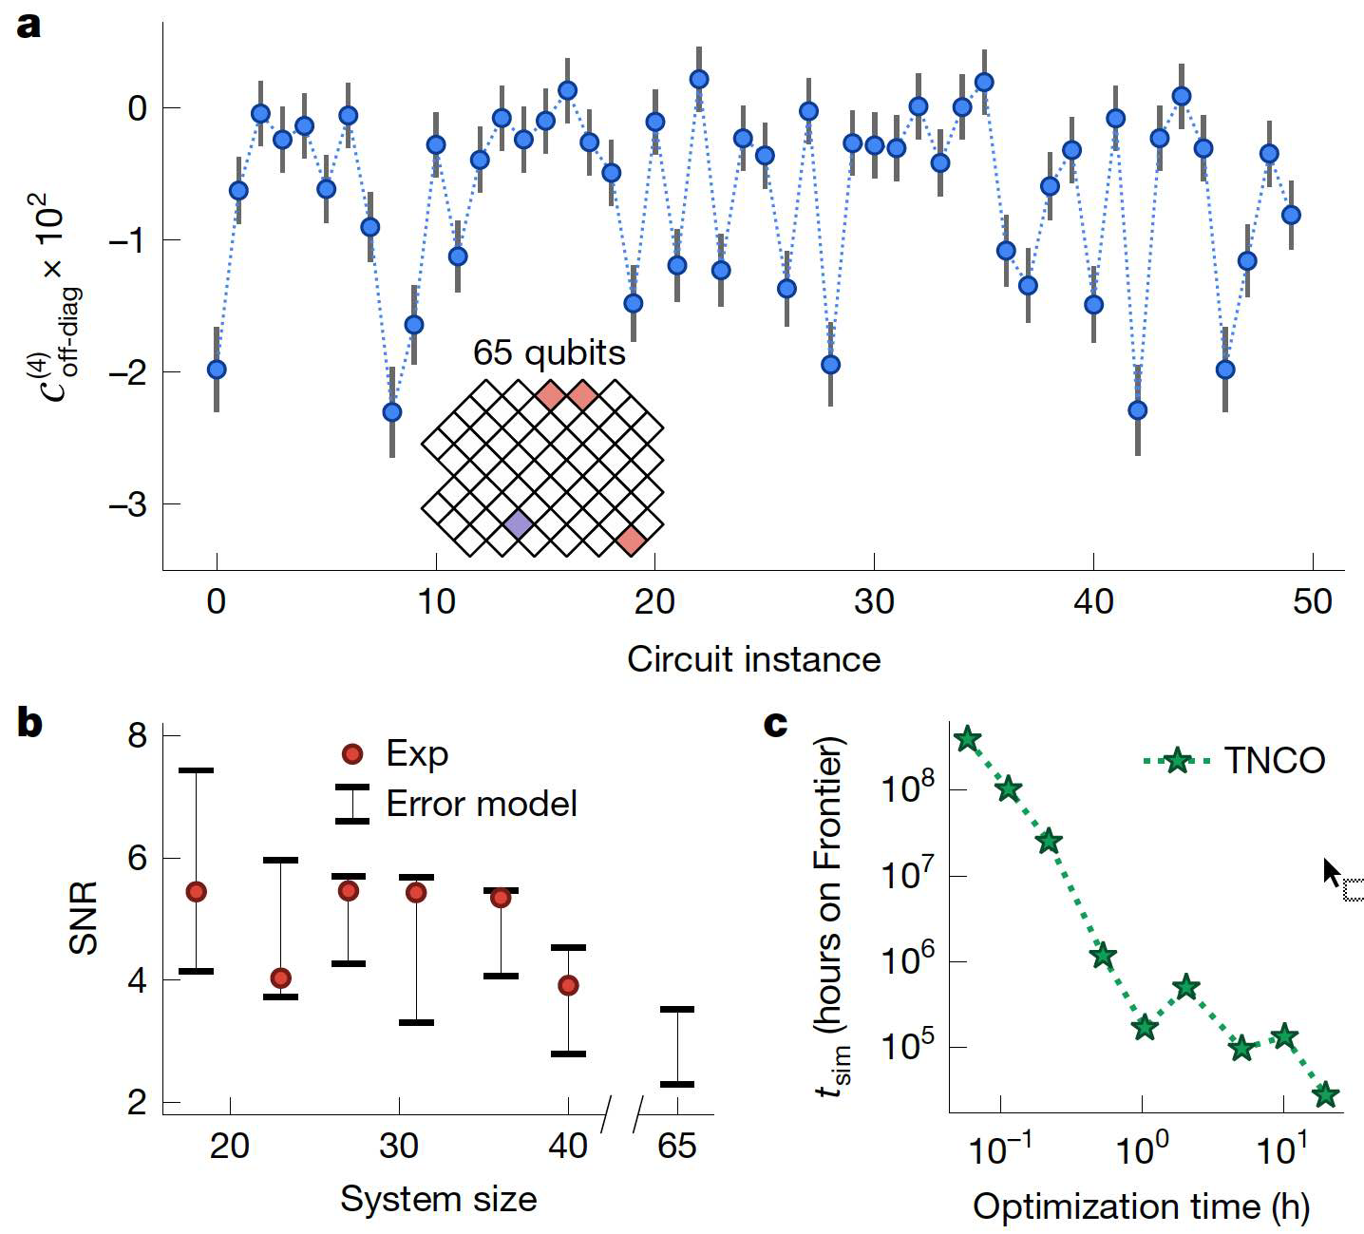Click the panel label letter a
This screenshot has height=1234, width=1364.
tap(29, 26)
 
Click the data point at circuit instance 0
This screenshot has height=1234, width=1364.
tap(217, 369)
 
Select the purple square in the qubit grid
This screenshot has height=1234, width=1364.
tap(518, 523)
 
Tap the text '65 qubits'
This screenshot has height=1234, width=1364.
tap(549, 353)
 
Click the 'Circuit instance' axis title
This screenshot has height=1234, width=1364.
tap(753, 658)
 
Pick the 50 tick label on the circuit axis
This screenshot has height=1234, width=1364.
tap(1312, 601)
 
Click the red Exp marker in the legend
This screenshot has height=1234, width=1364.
tap(352, 754)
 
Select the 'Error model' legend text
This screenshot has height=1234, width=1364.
tap(482, 805)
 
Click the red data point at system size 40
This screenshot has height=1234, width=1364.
tap(568, 985)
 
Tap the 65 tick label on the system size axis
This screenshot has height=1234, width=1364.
tap(676, 1146)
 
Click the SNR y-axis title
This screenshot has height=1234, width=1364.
tap(85, 919)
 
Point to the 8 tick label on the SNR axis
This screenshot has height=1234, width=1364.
tap(142, 736)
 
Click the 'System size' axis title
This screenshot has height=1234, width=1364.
tap(439, 1199)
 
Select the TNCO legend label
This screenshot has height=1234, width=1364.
tap(1274, 760)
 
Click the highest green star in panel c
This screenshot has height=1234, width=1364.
tap(967, 739)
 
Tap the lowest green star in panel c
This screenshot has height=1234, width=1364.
tap(1325, 1095)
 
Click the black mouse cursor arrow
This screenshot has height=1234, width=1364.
tap(1332, 871)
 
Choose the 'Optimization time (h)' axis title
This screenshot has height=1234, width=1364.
tap(1141, 1206)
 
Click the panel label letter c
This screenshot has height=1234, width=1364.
tap(775, 725)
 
